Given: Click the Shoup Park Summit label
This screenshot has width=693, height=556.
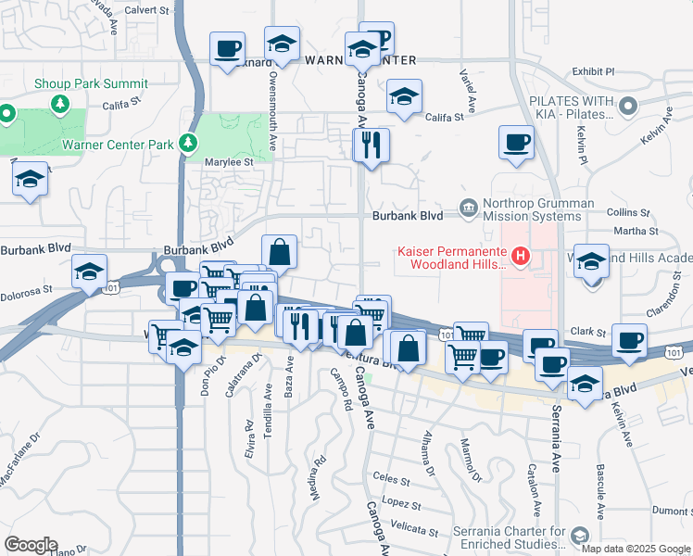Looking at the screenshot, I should pos(91,83).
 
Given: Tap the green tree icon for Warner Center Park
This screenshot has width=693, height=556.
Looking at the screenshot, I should pos(188,143).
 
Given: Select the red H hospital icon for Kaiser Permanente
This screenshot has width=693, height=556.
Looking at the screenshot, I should pos(521,256).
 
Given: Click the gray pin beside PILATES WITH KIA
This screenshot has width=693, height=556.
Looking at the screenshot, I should pos(629,106).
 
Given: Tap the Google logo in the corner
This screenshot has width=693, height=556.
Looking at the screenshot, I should pos(31,545).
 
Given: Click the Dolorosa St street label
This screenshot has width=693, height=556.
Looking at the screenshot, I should pos(26,292).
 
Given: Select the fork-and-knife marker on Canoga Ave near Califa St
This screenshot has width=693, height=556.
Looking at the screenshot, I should pos(372,145).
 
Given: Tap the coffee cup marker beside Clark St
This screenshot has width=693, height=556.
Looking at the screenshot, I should pos(630,341).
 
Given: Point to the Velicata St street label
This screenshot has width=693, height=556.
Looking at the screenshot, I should pos(415,530).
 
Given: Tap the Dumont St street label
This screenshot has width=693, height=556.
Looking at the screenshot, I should pos(671,510).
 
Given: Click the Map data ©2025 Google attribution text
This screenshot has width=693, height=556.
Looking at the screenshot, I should pos(636,549).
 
